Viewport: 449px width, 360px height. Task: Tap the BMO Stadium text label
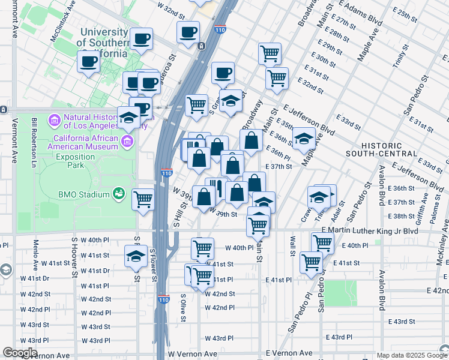point(84,194)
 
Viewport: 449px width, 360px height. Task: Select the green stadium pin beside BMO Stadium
point(119,194)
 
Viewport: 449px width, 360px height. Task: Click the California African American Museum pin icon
point(127,142)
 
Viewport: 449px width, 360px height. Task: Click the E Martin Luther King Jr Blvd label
point(369,230)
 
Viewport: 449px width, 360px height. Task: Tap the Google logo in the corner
point(20,353)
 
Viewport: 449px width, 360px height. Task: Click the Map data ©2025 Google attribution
point(411,355)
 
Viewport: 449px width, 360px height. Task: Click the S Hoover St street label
point(74,258)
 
